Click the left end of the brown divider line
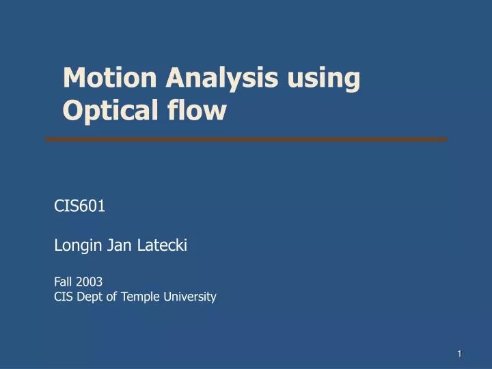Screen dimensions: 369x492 pyautogui.click(x=47, y=139)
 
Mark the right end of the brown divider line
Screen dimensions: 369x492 pyautogui.click(x=446, y=139)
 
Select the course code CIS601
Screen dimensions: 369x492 pyautogui.click(x=79, y=206)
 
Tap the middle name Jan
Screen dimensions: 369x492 pyautogui.click(x=120, y=246)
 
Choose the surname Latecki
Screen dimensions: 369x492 pyautogui.click(x=163, y=246)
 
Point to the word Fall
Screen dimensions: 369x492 pyautogui.click(x=64, y=281)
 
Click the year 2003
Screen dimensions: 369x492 pyautogui.click(x=90, y=281)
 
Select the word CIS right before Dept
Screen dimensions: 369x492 pyautogui.click(x=64, y=296)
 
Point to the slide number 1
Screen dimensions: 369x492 pyautogui.click(x=460, y=353)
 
